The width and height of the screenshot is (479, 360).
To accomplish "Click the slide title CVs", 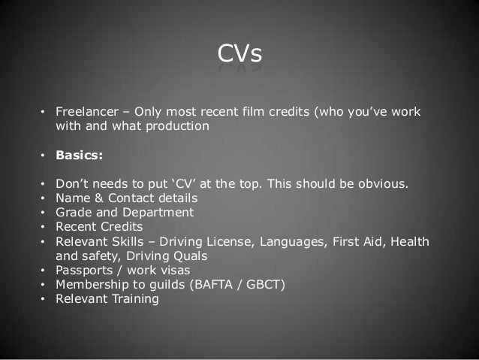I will tap(239, 55).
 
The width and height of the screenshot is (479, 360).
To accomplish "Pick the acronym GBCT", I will tap(244, 284).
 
